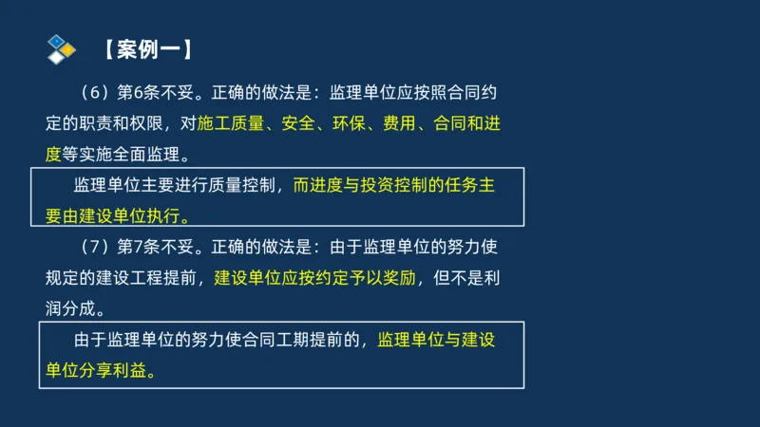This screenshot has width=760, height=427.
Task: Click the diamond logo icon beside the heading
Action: pos(61,48)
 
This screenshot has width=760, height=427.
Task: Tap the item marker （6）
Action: pos(94,93)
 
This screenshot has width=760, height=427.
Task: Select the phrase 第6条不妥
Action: pos(156,93)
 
